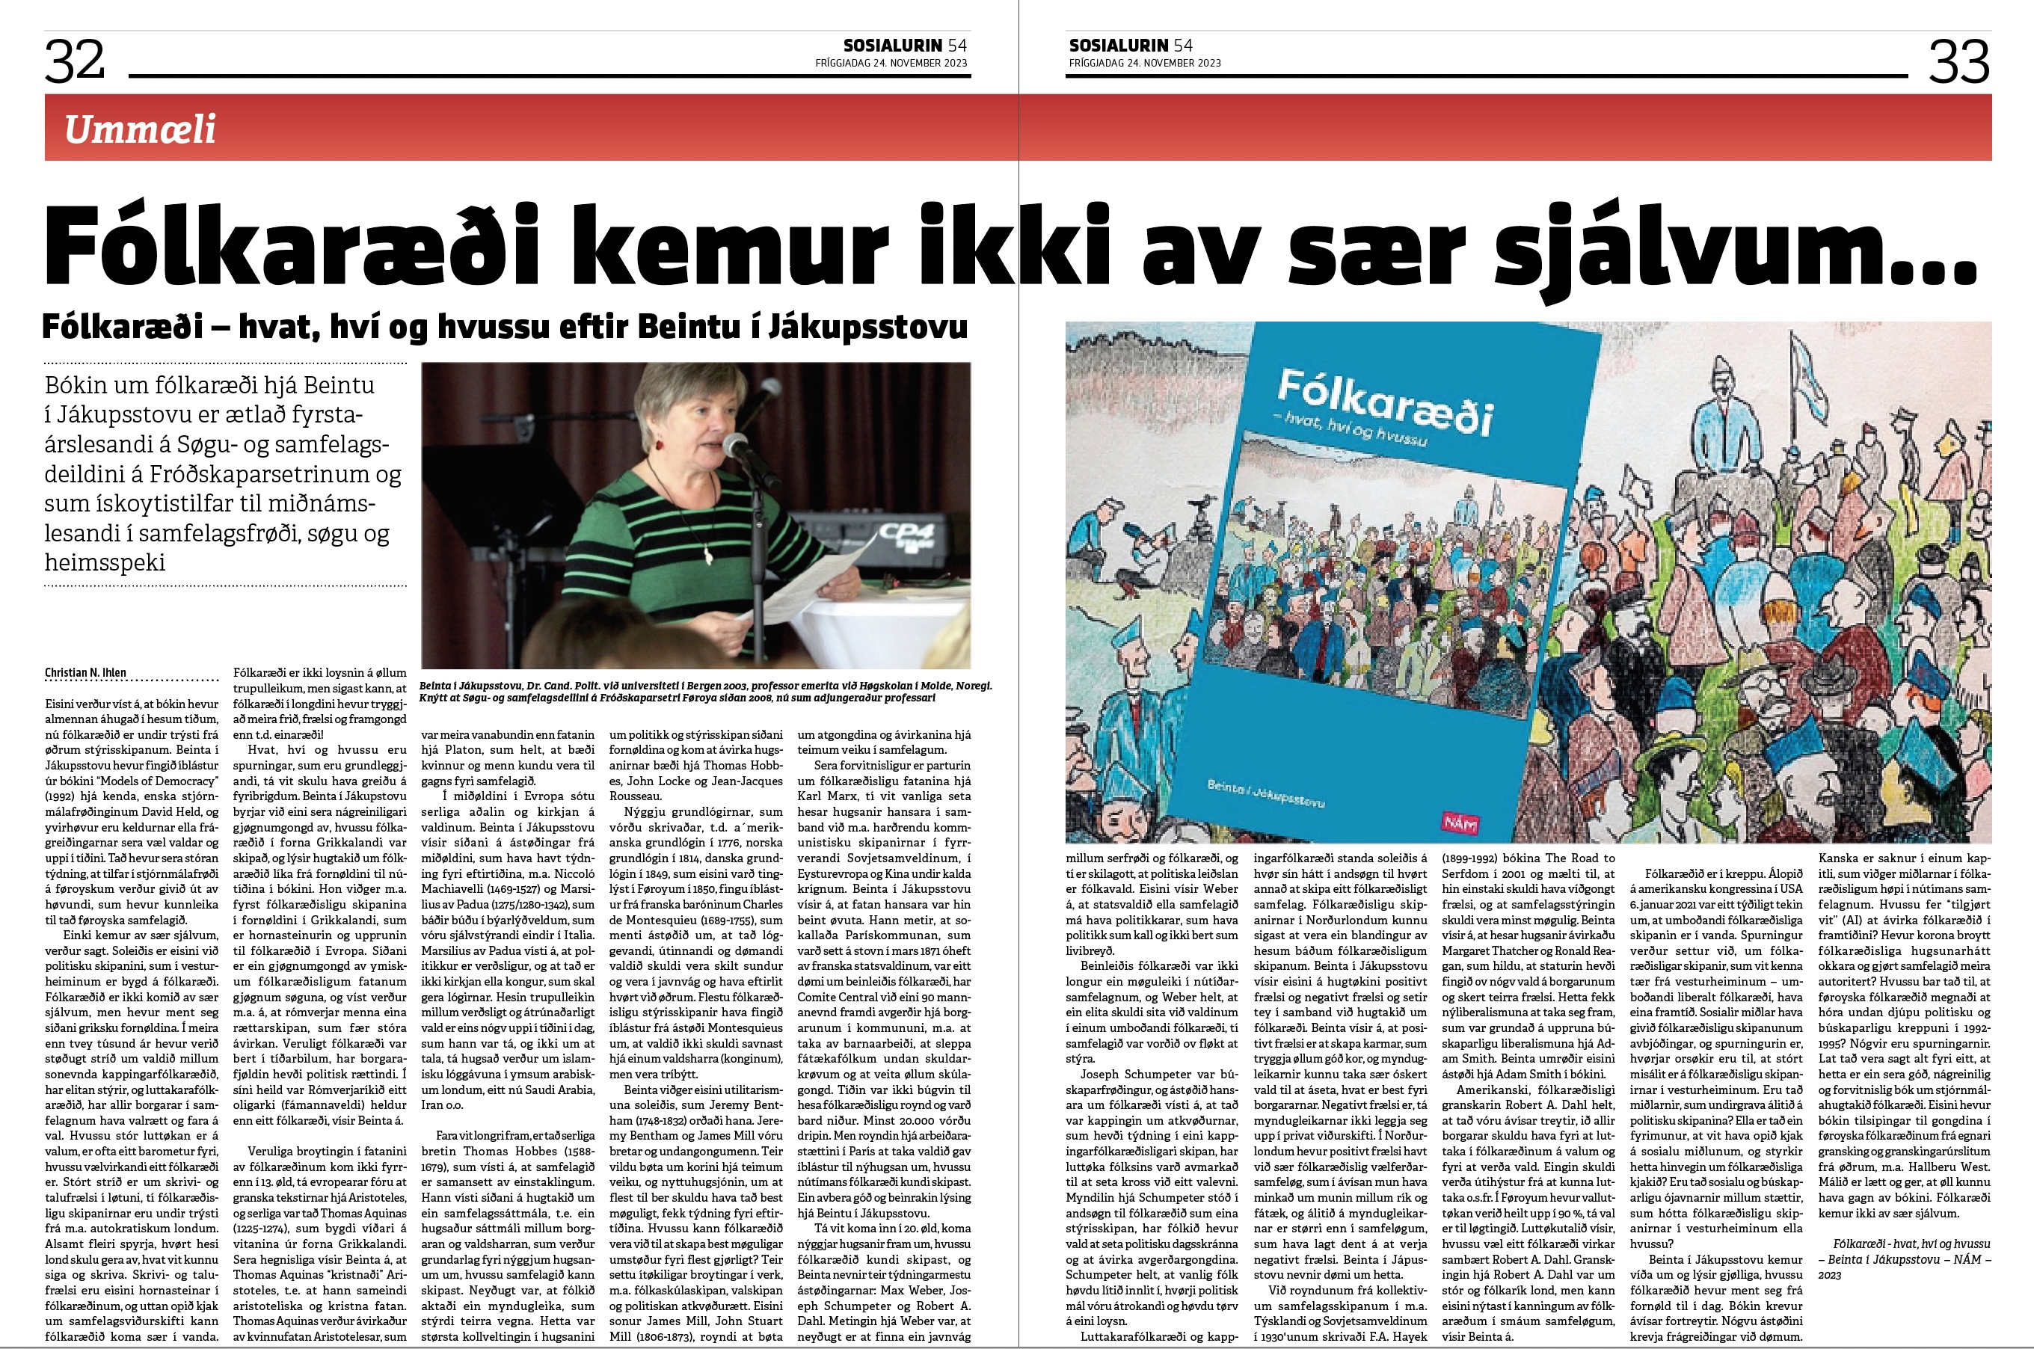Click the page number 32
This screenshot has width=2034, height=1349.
coord(75,61)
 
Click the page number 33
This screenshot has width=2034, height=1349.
coord(1959,61)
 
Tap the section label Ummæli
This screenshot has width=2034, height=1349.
coord(141,129)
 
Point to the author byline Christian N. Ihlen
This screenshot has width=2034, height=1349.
coord(86,673)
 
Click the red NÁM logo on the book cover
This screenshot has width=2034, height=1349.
coord(1458,823)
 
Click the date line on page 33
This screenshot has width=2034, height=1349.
coord(1144,63)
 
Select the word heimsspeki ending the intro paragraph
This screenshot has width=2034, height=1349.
coord(105,562)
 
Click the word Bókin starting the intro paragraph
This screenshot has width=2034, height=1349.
coord(80,385)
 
